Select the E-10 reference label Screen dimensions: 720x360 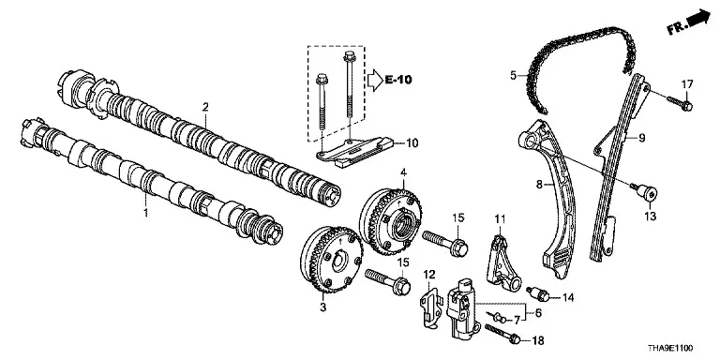tap(398, 80)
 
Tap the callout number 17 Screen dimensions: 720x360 tap(686, 84)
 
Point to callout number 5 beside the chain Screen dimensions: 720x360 tap(514, 74)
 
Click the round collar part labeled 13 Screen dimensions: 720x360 tap(646, 192)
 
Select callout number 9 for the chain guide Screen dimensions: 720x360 tap(641, 137)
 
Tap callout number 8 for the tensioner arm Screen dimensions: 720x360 tap(539, 185)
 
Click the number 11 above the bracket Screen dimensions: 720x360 tap(500, 218)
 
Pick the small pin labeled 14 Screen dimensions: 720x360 tap(538, 294)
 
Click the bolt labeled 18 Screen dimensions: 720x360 tap(502, 334)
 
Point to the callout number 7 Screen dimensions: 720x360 tap(517, 318)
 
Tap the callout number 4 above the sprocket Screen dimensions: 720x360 tap(403, 173)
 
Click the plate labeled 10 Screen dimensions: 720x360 tap(354, 151)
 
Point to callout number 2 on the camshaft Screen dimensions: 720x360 tap(205, 107)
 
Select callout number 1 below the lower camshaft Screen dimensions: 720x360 tap(146, 213)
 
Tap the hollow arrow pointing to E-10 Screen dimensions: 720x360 tap(374, 80)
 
